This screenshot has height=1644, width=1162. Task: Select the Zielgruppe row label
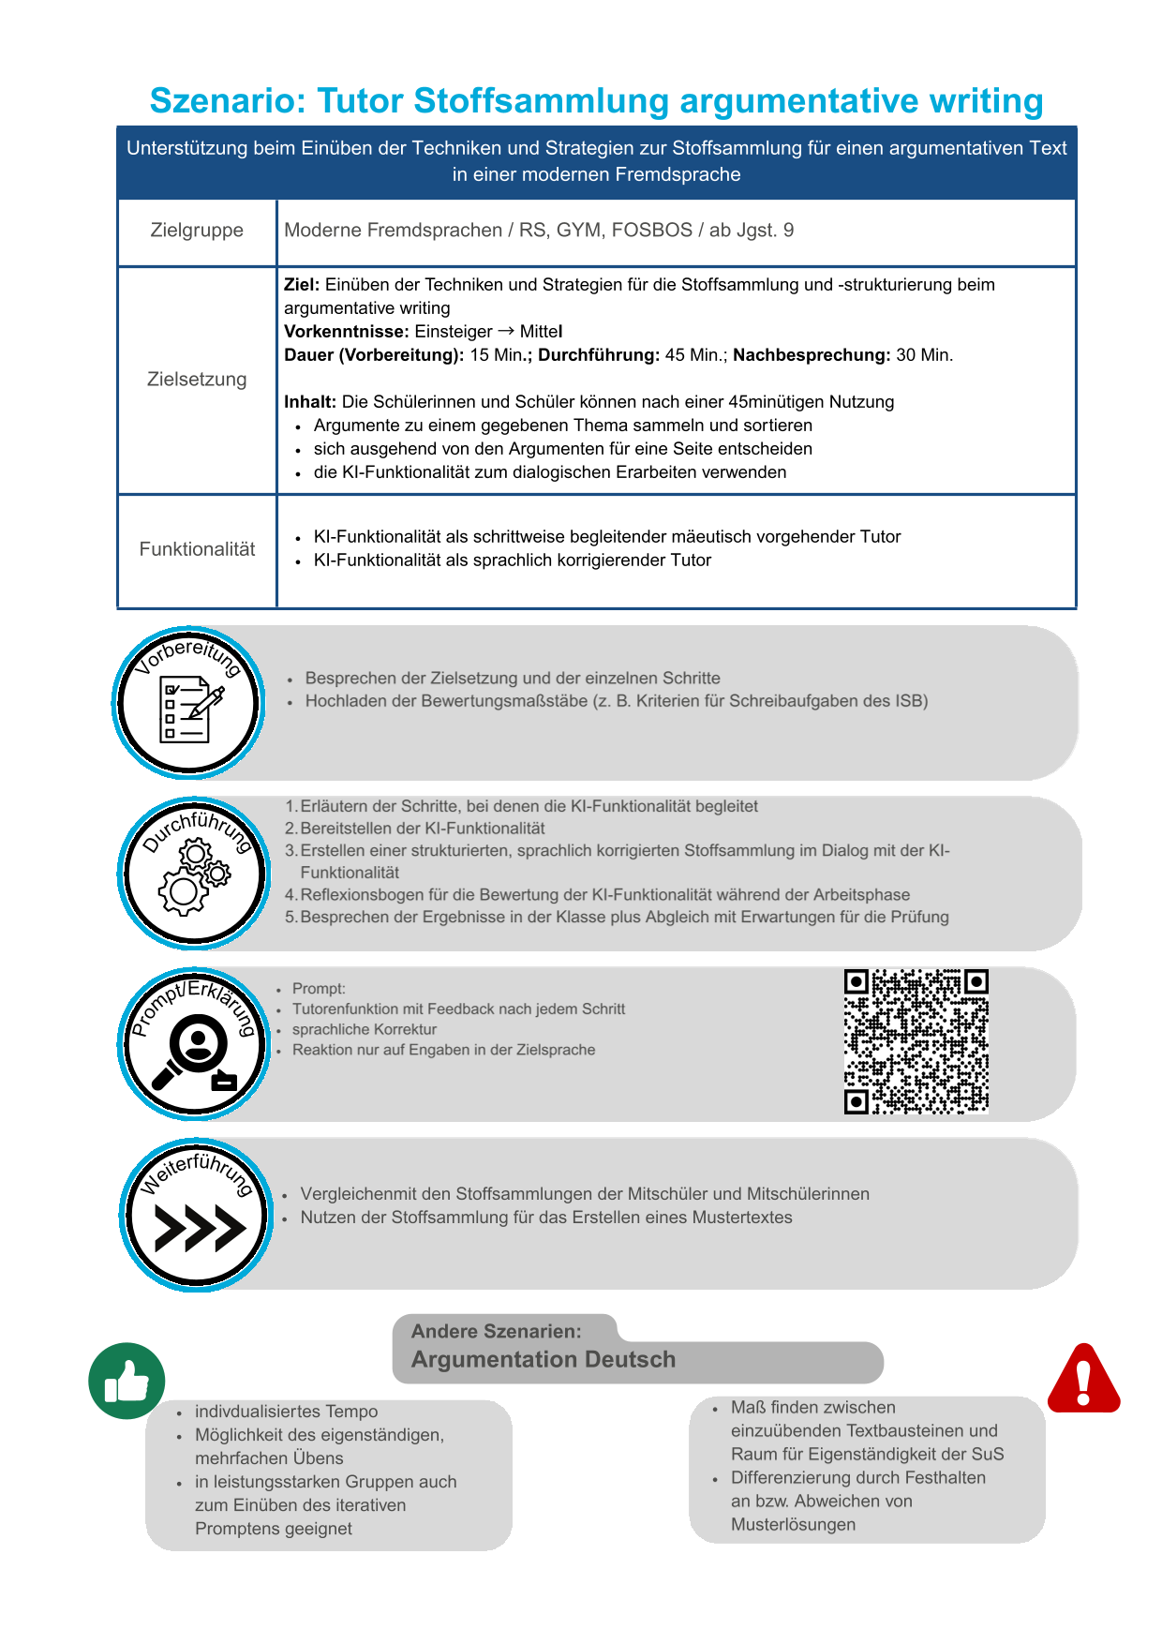[x=197, y=231]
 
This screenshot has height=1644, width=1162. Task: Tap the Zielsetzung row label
[x=197, y=380]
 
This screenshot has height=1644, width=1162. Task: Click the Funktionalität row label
[x=197, y=549]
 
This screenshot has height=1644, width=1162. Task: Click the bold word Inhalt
[x=309, y=402]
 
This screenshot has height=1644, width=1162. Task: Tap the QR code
[x=916, y=1042]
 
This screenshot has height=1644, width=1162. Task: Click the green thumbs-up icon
[x=127, y=1381]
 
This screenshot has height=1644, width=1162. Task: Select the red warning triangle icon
[x=1083, y=1379]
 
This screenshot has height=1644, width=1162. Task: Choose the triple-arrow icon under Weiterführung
[x=199, y=1227]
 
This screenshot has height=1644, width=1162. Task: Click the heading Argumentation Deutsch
[x=544, y=1360]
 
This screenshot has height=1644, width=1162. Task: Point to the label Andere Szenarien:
[x=496, y=1331]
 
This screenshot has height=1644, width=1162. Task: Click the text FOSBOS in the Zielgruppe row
[x=651, y=231]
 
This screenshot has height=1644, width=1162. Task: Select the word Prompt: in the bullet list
[x=319, y=989]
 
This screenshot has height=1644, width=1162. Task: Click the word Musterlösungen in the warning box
[x=793, y=1525]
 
